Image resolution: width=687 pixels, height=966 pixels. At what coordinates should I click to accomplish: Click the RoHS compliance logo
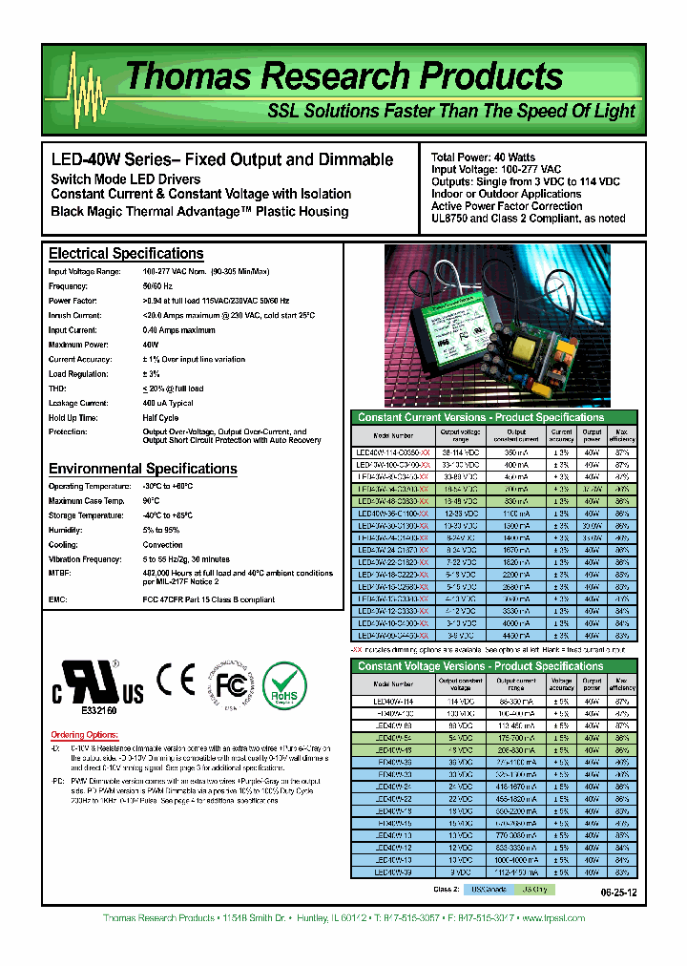coord(284,685)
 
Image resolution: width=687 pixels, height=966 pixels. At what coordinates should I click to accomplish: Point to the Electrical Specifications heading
coord(126,254)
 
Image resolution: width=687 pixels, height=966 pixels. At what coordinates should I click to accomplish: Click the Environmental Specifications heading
coord(142,469)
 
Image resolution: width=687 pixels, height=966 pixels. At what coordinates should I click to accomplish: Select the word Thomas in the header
coord(179,77)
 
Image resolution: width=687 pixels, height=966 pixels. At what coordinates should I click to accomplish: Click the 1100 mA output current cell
coord(513,513)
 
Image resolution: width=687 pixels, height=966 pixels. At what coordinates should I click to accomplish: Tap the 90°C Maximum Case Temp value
coord(150,501)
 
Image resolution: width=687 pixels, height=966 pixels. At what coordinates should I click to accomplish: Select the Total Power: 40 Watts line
coord(483,157)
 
